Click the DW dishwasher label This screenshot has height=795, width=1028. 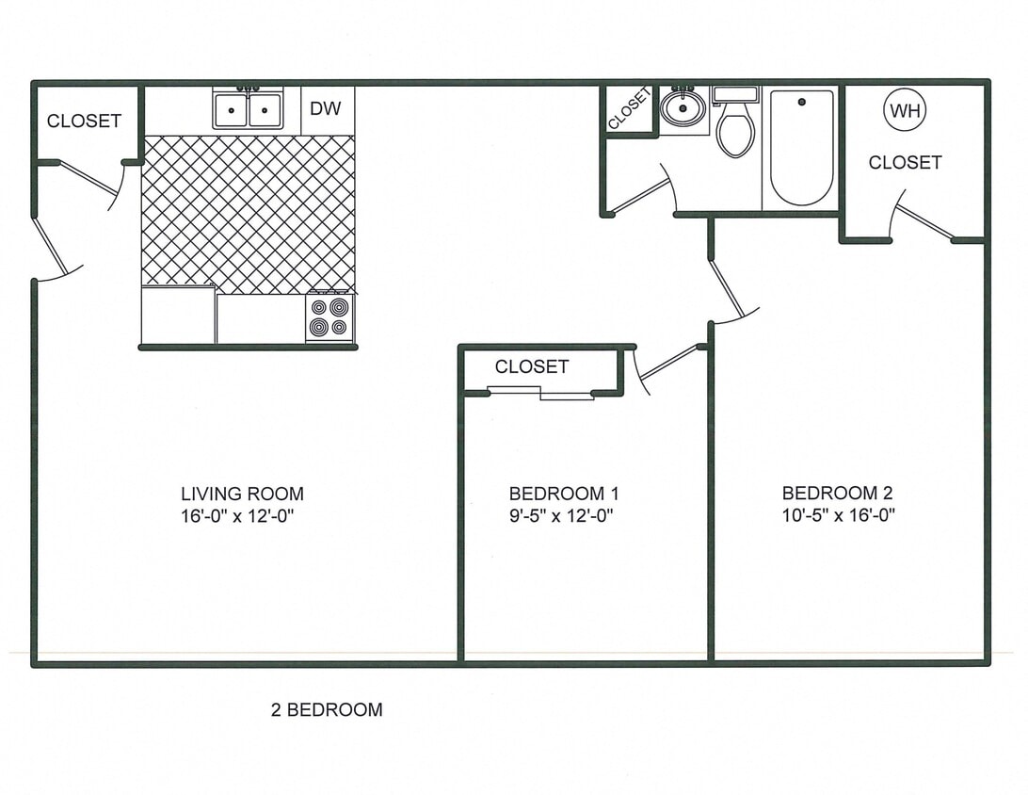[326, 109]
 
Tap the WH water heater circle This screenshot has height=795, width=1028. [905, 111]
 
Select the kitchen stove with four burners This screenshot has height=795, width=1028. [329, 318]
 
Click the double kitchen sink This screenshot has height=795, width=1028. [249, 110]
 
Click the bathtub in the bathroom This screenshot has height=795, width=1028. [802, 147]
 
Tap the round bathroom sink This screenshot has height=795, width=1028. [683, 108]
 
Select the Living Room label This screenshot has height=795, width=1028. [242, 494]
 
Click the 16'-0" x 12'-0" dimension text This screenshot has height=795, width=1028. [244, 515]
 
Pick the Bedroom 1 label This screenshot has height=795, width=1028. [563, 494]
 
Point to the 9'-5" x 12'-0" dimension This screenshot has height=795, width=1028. [563, 515]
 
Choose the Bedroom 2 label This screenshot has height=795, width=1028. [837, 493]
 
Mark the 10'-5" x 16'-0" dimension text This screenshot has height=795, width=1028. [837, 515]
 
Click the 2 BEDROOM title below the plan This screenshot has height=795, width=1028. [327, 710]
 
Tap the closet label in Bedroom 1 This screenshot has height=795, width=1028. [531, 366]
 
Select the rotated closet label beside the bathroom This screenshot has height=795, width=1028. [628, 108]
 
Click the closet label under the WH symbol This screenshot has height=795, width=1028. [905, 163]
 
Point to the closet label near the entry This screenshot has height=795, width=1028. [84, 121]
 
